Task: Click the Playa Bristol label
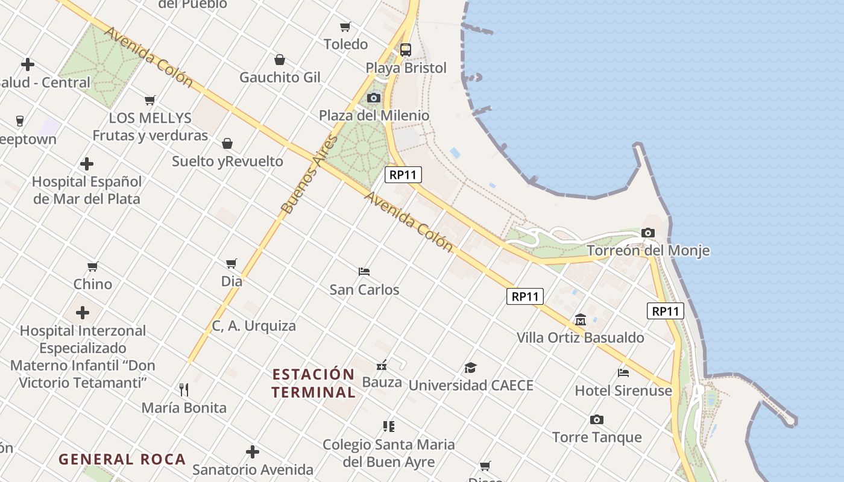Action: [406, 68]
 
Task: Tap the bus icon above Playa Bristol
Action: [406, 49]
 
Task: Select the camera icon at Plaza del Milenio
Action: [374, 98]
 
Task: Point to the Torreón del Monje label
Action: [648, 251]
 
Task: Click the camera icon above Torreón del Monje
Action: [648, 233]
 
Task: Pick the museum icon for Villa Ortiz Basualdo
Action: [581, 319]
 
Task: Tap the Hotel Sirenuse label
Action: [623, 390]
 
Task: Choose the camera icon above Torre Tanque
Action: [597, 419]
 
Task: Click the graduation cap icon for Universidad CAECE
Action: [470, 368]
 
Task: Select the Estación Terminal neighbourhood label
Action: [313, 383]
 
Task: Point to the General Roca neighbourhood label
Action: [122, 459]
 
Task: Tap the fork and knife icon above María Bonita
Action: [184, 389]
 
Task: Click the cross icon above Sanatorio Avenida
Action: [253, 451]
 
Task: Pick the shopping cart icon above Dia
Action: [231, 263]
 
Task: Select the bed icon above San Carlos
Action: [364, 271]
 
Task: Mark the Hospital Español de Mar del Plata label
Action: [87, 190]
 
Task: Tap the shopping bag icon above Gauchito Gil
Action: [280, 60]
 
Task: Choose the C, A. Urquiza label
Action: [254, 326]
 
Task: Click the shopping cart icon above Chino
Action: [93, 266]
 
